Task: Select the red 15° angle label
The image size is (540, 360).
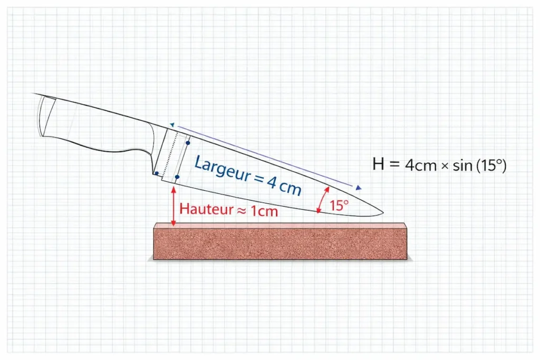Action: point(339,206)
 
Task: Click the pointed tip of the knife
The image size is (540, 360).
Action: point(381,214)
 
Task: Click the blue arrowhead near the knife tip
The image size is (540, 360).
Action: point(359,188)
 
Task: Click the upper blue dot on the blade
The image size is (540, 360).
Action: point(188,143)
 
